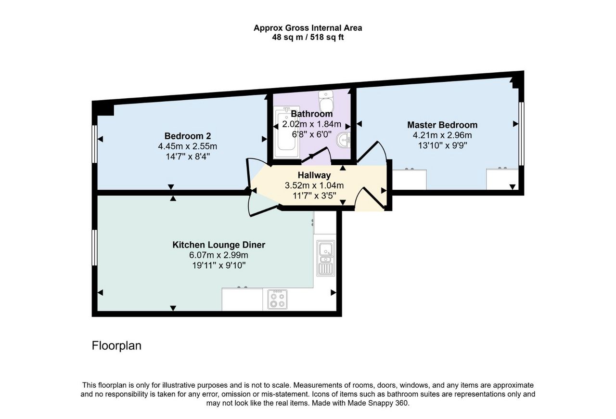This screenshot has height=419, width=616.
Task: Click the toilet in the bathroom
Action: (x=326, y=101)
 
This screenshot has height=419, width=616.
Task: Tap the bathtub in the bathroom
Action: (x=287, y=132)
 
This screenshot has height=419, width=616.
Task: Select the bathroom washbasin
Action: (x=343, y=141)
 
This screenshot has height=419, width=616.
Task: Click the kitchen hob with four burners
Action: (x=278, y=299)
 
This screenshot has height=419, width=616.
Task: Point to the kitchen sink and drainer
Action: (x=326, y=258)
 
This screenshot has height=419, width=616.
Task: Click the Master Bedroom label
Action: (x=442, y=125)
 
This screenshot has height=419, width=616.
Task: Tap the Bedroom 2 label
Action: (x=188, y=136)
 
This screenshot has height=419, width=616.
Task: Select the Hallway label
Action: (x=314, y=175)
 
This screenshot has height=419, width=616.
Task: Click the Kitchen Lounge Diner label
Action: (x=218, y=245)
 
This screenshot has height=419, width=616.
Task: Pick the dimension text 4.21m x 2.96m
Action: (x=442, y=135)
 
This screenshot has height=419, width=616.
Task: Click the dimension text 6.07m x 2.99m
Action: (x=218, y=255)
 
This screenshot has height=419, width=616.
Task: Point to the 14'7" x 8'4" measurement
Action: (x=188, y=157)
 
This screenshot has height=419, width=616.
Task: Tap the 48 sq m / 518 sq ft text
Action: (x=308, y=37)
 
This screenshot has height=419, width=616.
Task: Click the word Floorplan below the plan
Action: (x=116, y=346)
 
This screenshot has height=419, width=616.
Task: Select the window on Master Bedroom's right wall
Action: (x=521, y=134)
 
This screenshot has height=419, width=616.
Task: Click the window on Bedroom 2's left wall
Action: (x=95, y=144)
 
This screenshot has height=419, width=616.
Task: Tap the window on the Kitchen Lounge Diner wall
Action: (x=95, y=248)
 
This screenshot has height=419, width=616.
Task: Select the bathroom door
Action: (x=316, y=155)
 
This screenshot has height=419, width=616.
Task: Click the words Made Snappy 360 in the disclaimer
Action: (x=378, y=403)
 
